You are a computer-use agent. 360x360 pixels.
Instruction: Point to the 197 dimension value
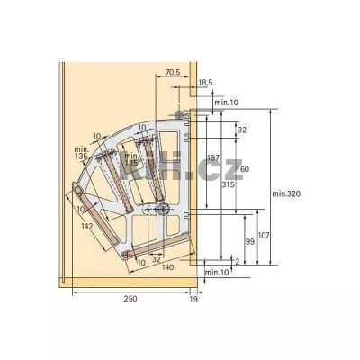212,158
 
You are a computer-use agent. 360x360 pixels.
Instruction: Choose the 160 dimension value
244,168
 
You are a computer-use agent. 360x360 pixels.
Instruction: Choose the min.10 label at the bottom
217,272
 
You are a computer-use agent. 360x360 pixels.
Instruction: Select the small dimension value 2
236,258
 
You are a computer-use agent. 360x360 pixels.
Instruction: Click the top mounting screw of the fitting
179,115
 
